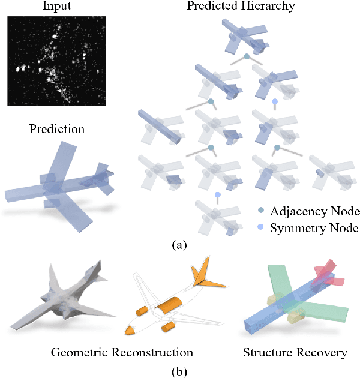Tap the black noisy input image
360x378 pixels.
pyautogui.click(x=56, y=60)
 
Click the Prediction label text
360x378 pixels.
pyautogui.click(x=58, y=128)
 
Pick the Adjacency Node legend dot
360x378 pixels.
pyautogui.click(x=261, y=211)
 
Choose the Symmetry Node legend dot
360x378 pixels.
pyautogui.click(x=261, y=228)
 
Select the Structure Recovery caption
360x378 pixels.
pyautogui.click(x=295, y=353)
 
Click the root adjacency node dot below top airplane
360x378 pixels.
pyautogui.click(x=246, y=57)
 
